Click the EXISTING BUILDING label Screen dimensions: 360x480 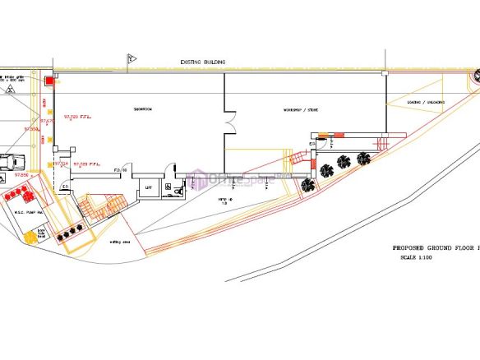click(203, 62)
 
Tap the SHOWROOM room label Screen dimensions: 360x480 click(144, 109)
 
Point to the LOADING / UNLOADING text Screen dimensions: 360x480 click(426, 103)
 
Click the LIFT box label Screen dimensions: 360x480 click(149, 187)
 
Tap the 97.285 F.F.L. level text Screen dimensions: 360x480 click(87, 164)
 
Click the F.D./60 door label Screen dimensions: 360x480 click(120, 169)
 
